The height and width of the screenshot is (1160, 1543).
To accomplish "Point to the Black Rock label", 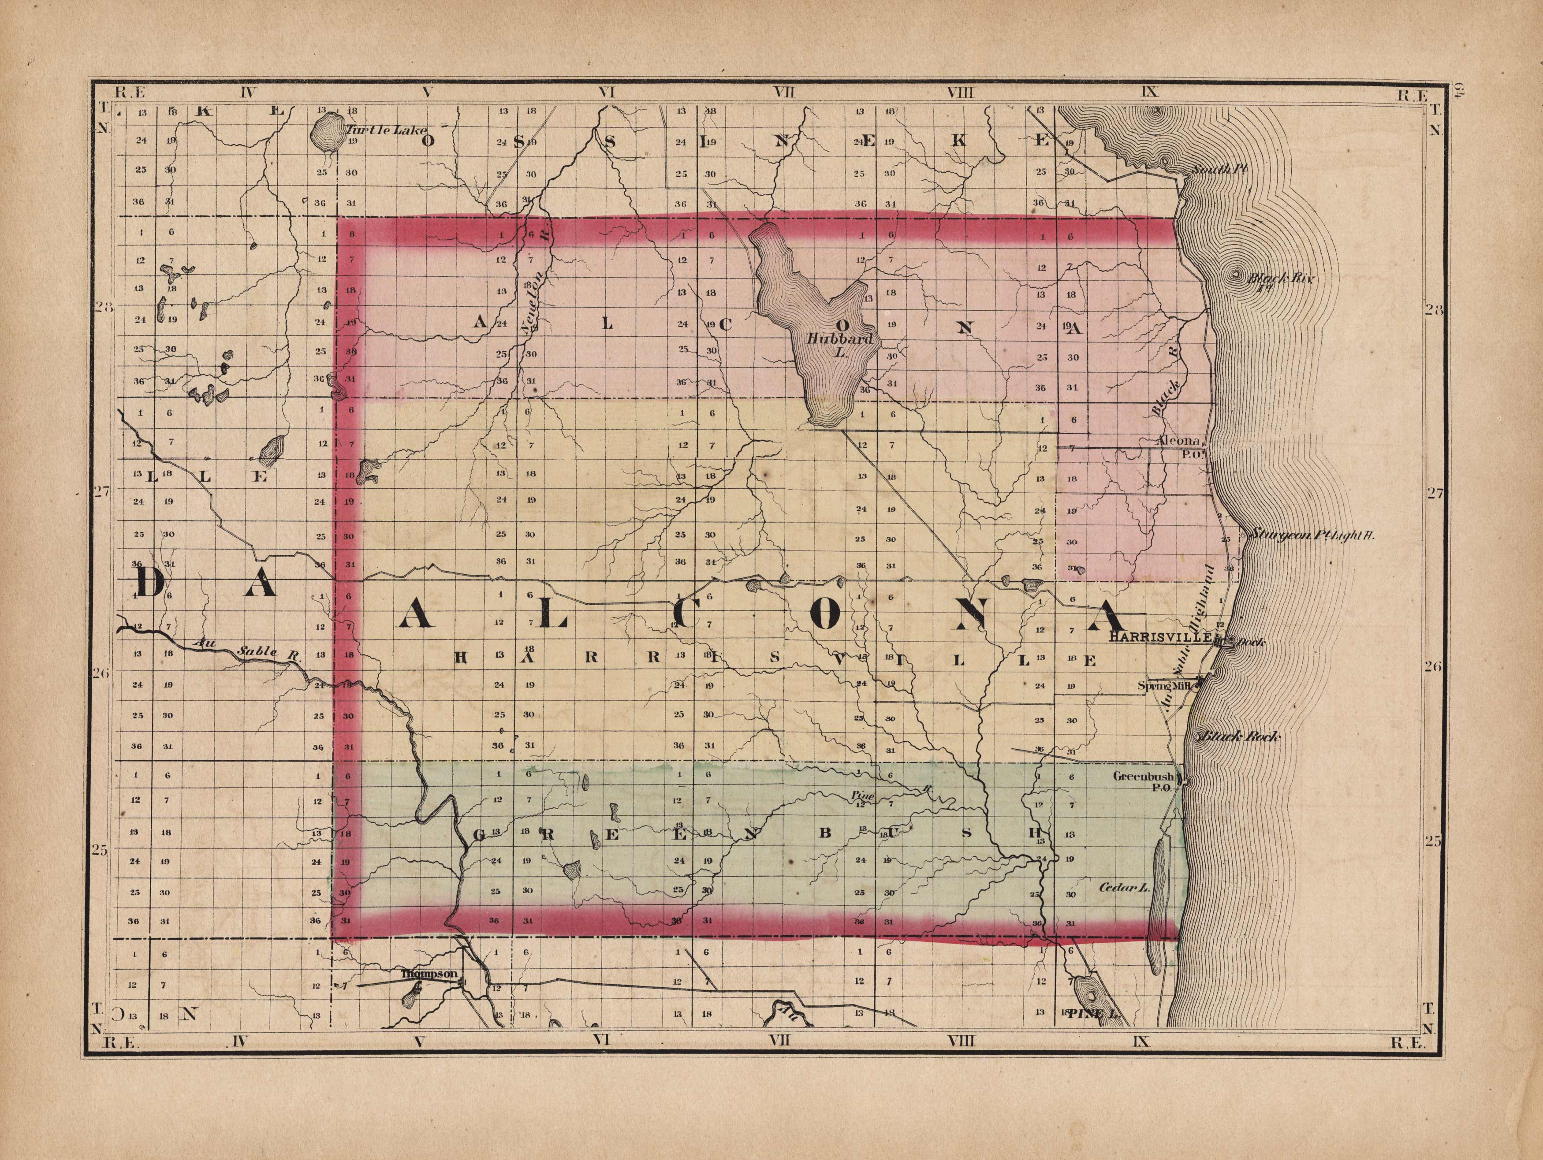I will [x=1239, y=736].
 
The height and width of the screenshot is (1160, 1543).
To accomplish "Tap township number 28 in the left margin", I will [x=103, y=308].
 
